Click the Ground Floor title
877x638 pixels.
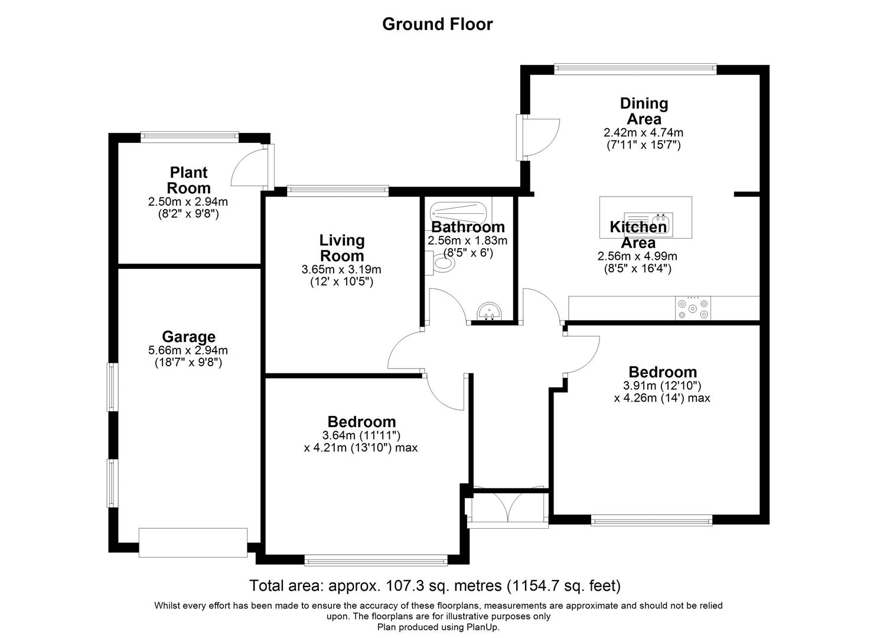coord(437,24)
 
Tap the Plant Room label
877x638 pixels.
coord(188,180)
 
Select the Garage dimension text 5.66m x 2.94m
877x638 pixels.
coord(188,350)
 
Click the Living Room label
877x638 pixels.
coord(341,248)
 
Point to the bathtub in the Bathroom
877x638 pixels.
coord(458,210)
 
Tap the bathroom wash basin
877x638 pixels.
coord(489,312)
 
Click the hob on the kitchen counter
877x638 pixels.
coord(693,308)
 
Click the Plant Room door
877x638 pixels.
coord(250,167)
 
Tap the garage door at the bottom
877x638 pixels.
coord(193,542)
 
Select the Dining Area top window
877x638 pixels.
coord(635,69)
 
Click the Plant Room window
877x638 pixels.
coord(190,138)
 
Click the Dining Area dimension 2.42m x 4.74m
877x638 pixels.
coord(643,132)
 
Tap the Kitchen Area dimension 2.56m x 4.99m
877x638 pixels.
coord(637,256)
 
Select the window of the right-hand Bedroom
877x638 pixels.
coord(651,520)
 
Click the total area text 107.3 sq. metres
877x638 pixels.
coord(435,585)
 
